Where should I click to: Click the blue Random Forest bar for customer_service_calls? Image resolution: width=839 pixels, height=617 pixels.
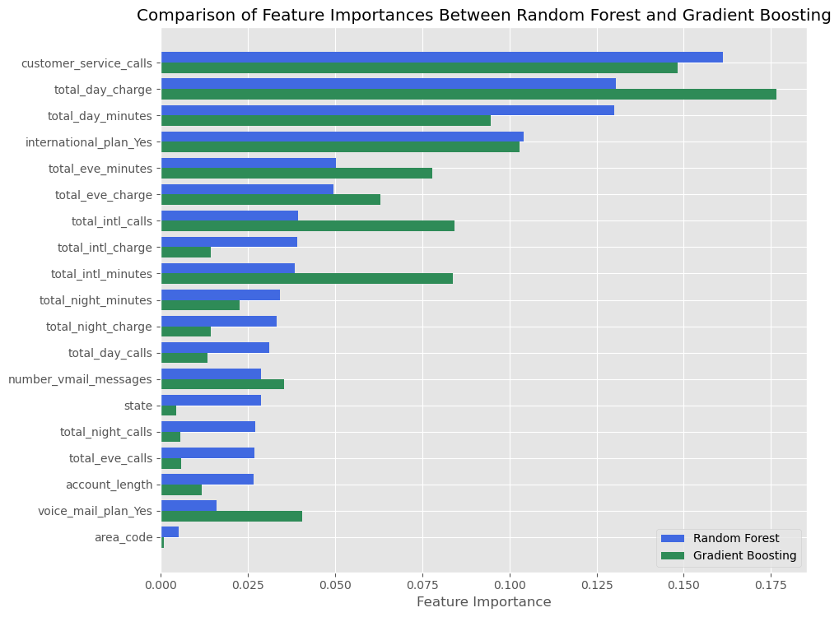point(441,58)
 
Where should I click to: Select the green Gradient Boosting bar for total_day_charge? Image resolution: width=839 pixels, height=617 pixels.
point(468,95)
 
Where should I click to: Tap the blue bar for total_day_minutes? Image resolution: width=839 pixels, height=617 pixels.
point(387,110)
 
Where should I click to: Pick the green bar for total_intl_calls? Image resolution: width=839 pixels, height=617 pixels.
point(307,226)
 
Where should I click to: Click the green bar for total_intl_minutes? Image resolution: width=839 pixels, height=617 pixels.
point(306,279)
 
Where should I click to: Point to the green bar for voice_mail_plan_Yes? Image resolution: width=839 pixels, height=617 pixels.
point(231,516)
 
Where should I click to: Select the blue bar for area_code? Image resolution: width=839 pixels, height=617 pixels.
point(170,531)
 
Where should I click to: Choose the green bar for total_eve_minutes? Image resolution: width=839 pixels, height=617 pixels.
point(296,174)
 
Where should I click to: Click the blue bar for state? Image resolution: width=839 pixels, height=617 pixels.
point(211,400)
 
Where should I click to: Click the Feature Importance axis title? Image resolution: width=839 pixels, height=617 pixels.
point(483,602)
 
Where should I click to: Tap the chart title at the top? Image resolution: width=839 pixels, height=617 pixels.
point(483,16)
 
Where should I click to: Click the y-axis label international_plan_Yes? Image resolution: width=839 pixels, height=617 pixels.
point(89,142)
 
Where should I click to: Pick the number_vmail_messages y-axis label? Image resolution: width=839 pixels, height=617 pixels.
point(80,379)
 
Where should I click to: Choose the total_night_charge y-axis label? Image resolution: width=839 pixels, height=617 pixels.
point(99,327)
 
